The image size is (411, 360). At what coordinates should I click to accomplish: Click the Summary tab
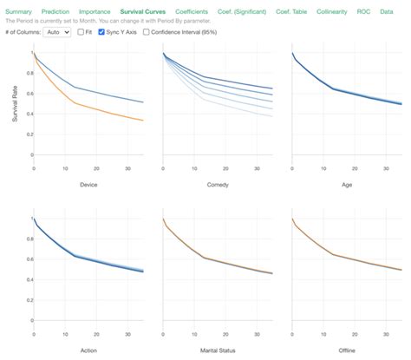[19, 10]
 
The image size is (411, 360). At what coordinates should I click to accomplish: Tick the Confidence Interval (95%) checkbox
[146, 31]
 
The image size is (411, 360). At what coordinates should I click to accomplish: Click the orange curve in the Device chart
[87, 107]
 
